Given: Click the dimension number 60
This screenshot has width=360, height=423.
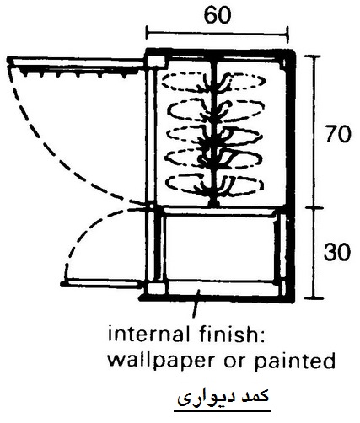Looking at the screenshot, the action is click(218, 15).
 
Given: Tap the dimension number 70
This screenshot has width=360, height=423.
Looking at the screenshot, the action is click(337, 134).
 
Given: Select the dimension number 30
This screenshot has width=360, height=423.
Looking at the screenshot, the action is click(337, 252).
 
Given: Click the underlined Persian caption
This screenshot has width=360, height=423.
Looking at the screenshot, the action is click(223, 397).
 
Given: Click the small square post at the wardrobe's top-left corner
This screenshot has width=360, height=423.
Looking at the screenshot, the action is click(156, 62).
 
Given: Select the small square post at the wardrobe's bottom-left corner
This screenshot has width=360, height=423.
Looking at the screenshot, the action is click(156, 288).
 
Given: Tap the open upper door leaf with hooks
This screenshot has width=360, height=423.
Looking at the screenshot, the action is click(77, 64).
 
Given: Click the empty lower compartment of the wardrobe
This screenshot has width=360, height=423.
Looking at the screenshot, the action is click(220, 248).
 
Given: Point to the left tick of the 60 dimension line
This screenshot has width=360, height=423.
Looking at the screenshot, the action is click(147, 32).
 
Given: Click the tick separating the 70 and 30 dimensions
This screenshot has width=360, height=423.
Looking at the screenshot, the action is click(314, 208).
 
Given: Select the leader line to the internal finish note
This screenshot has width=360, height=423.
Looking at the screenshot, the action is click(196, 305).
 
